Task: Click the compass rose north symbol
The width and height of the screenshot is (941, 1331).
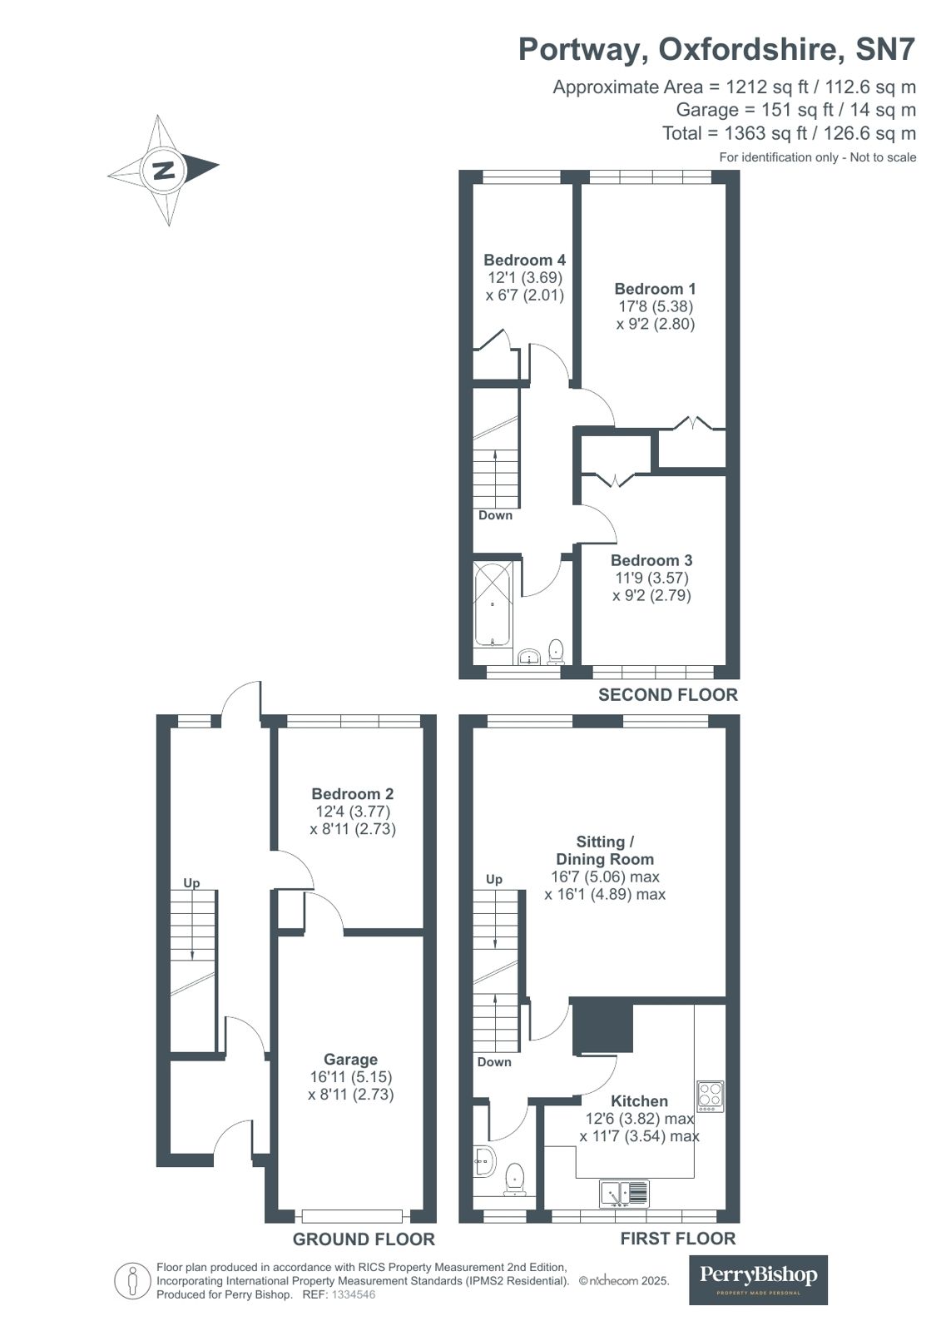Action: (x=163, y=170)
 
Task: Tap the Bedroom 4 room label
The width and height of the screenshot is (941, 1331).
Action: (x=524, y=260)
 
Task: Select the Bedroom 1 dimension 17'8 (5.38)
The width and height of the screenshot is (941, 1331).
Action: (x=655, y=306)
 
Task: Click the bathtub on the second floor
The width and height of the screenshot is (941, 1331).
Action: (x=493, y=603)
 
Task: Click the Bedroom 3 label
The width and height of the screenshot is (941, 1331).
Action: (x=651, y=560)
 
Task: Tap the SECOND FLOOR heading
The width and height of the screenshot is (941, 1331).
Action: (x=667, y=694)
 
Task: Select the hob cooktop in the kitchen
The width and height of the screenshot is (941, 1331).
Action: (x=710, y=1095)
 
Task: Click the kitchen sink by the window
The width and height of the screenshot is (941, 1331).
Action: (x=624, y=1194)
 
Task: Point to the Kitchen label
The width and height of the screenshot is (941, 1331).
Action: (x=639, y=1100)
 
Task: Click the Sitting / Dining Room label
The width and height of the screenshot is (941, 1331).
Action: (x=605, y=850)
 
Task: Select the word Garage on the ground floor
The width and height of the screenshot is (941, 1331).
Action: (x=350, y=1059)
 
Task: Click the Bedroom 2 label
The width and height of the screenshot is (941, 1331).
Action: (x=353, y=793)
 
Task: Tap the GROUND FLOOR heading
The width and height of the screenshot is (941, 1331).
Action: (x=364, y=1239)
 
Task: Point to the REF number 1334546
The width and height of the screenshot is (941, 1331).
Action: (x=354, y=1294)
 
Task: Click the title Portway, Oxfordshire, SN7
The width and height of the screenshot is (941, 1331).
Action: (x=716, y=49)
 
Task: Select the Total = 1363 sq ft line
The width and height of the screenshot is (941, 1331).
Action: (x=789, y=133)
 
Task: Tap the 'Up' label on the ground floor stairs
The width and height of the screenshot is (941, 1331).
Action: (x=191, y=882)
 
